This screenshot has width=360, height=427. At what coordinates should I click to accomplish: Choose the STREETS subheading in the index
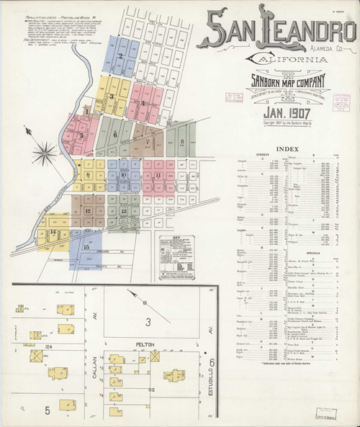[x=243, y=155]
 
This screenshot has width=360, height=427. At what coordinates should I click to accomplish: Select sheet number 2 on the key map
[x=120, y=55]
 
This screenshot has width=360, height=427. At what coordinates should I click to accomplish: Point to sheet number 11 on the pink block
[x=157, y=175]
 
